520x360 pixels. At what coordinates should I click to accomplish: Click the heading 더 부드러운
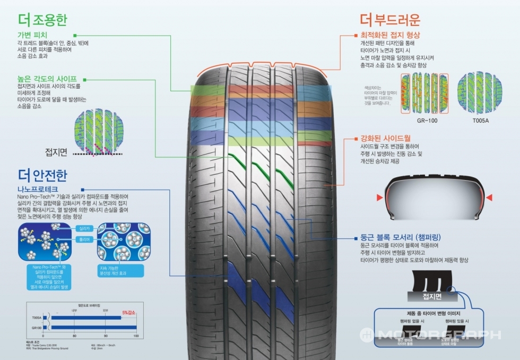point(389,20)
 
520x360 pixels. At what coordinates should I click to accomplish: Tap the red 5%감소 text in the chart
point(129,313)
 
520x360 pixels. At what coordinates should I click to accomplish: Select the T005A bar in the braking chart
point(85,318)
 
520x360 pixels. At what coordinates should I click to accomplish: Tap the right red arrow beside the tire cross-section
point(488,198)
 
